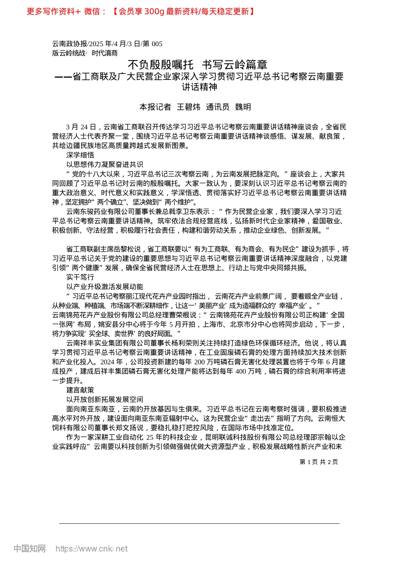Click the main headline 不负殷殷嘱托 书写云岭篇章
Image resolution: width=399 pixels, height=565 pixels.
197,65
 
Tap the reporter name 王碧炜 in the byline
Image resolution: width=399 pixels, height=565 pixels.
188,107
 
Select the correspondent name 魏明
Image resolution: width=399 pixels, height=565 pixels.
243,107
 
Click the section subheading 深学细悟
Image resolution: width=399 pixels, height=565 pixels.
80,155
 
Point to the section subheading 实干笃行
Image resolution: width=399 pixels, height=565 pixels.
80,277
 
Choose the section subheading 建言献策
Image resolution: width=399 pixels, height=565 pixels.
80,390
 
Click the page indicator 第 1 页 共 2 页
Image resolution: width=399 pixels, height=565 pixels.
318,462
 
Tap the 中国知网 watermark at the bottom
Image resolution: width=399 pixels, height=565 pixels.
29,549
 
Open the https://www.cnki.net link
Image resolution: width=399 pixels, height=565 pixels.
92,549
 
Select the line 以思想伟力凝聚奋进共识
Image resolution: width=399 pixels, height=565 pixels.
105,165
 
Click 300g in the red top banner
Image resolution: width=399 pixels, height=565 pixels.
154,11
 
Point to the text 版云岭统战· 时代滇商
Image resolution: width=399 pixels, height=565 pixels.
85,53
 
